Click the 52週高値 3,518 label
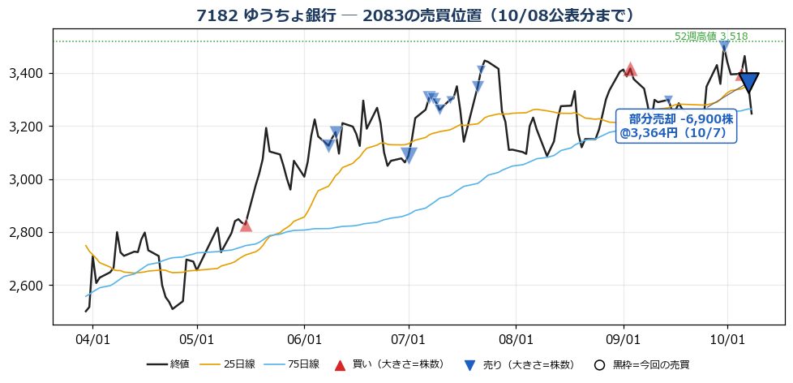pos(711,37)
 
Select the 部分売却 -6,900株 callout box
pos(677,126)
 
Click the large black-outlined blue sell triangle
pos(748,82)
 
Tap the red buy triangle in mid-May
pos(246,226)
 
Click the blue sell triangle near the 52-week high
pos(724,46)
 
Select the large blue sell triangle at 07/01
pos(409,155)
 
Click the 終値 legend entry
pos(168,364)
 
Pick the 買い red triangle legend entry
pos(390,364)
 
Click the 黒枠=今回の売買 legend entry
pos(642,364)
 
